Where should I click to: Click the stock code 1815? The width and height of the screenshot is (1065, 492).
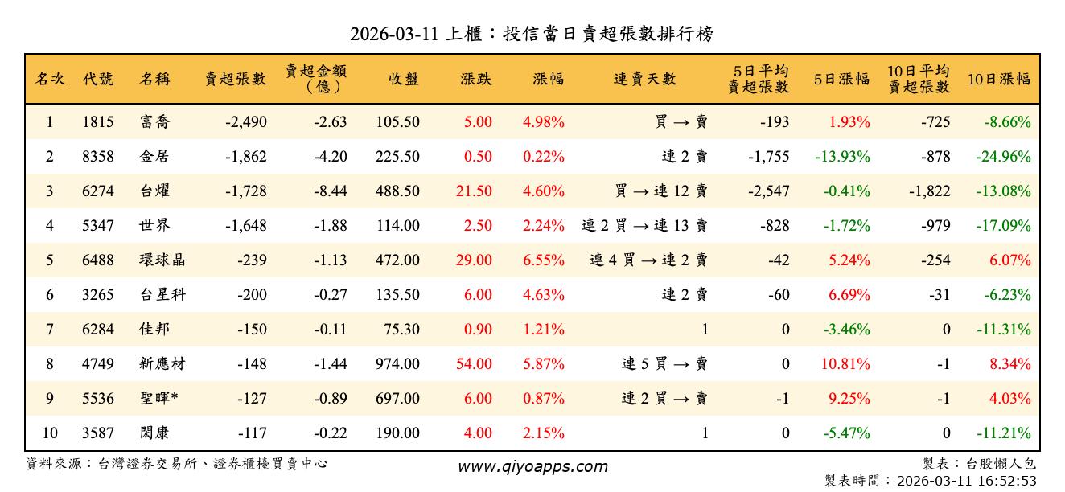(x=97, y=122)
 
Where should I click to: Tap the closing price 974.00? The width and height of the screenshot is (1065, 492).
(x=397, y=364)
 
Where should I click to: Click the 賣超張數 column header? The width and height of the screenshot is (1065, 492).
(x=235, y=79)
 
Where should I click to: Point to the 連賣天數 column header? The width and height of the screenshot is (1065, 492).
(x=645, y=79)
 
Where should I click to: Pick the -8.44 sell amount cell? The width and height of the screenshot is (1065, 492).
(x=330, y=191)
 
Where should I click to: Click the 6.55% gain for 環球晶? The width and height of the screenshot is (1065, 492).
(x=543, y=260)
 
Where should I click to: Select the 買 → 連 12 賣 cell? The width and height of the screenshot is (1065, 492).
(x=660, y=191)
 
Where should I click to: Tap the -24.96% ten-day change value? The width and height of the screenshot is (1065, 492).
(x=1003, y=157)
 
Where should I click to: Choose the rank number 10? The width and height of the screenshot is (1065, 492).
(x=50, y=433)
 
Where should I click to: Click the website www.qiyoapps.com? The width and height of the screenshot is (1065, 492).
(x=532, y=467)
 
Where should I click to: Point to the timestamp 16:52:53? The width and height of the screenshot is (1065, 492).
(x=1008, y=481)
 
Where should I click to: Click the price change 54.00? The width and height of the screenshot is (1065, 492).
(x=474, y=364)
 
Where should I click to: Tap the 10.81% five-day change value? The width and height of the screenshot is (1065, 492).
(x=845, y=364)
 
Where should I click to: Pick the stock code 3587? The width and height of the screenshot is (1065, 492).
(x=97, y=433)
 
